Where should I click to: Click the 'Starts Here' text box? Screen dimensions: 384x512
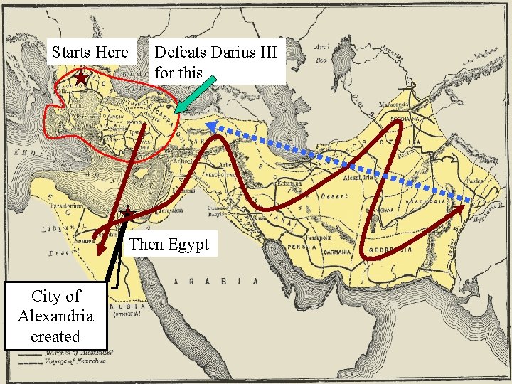[x=90, y=53]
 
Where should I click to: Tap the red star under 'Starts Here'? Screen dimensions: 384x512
[x=82, y=76]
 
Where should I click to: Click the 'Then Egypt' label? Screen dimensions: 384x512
[x=169, y=245]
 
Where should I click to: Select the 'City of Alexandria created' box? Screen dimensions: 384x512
[x=55, y=316]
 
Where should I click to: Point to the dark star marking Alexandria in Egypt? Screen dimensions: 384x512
[x=127, y=213]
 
